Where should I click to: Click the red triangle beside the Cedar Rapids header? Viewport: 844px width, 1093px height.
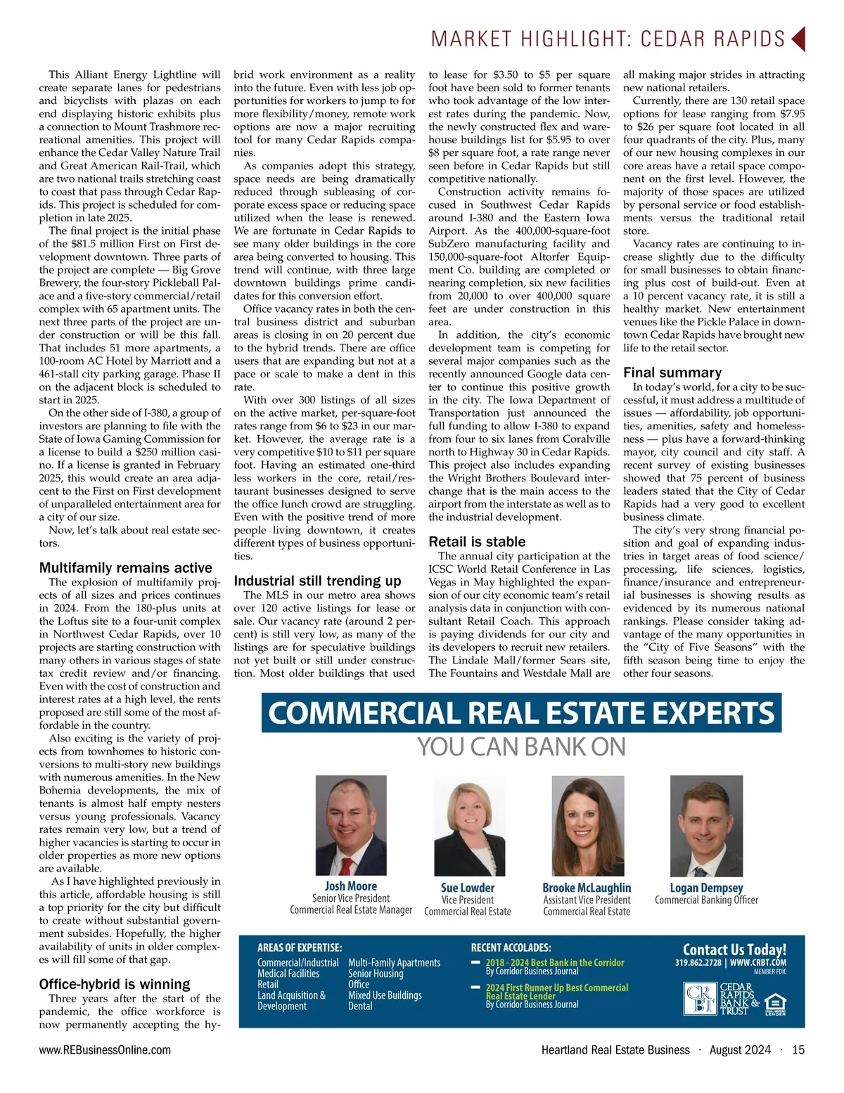pos(798,39)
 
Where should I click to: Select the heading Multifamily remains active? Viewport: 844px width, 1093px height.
pos(125,568)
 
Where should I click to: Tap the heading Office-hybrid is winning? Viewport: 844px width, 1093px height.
pos(115,984)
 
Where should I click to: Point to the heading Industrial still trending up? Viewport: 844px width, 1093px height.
pos(317,581)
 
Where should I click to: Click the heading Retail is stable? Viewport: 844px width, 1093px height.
pos(477,542)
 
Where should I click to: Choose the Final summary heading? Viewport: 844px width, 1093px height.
pos(672,373)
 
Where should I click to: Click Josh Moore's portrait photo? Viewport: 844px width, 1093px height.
pos(351,825)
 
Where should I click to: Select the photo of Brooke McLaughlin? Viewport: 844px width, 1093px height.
pos(588,826)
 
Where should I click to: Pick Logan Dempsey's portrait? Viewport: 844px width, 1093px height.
pos(706,826)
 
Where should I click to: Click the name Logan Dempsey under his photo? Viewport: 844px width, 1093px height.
pos(706,888)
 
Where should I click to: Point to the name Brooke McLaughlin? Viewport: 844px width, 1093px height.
pos(587,888)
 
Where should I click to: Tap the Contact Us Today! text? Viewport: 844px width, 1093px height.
pos(734,950)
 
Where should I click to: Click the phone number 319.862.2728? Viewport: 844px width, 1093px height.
pos(698,963)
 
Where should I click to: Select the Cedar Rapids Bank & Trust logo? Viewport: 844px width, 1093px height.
pos(721,999)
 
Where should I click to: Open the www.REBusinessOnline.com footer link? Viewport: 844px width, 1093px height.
pos(105,1050)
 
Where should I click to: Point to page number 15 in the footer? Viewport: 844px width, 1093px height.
pos(798,1050)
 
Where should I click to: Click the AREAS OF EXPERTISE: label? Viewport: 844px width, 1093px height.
pos(300,948)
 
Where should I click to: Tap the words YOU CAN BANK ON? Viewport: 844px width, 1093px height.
pos(521,747)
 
